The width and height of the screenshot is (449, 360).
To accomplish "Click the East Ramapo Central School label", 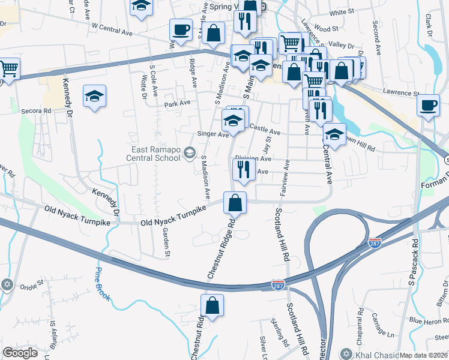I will [154, 154].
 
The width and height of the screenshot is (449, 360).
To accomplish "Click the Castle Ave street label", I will [265, 129].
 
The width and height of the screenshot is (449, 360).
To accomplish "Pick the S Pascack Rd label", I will [414, 264].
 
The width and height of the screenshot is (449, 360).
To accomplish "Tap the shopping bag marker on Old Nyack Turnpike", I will [235, 203].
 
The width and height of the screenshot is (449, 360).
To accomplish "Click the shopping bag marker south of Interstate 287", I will [212, 305].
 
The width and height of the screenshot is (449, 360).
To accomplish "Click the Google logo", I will [20, 353].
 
